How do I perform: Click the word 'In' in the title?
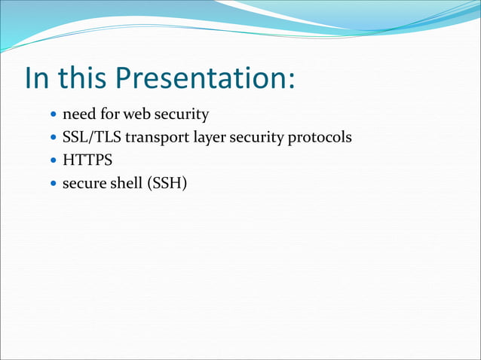coord(37,78)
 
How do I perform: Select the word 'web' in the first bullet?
coord(136,115)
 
